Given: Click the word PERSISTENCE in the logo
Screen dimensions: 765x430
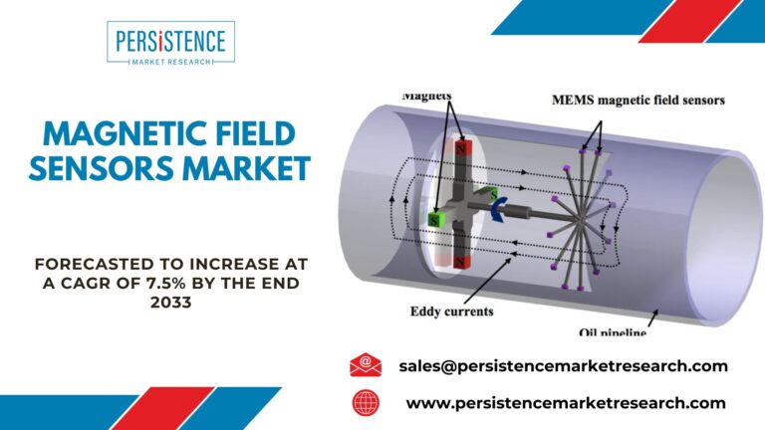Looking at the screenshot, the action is point(170,41).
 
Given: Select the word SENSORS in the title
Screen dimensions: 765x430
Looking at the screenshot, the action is point(102,168).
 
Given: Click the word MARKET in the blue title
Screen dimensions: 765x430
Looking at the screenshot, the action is point(246,168).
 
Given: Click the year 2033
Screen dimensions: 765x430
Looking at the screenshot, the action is point(170,303).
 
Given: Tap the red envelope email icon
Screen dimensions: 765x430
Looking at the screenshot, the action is point(366,365).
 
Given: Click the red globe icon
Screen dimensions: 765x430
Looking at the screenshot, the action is point(366,403).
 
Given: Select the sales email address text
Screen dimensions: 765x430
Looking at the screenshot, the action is point(563,366).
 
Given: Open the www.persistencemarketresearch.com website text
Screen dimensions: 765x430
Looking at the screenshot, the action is point(566,403).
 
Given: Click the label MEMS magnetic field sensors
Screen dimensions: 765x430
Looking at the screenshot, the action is point(638,101).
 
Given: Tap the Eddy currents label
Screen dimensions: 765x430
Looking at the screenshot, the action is point(452,311).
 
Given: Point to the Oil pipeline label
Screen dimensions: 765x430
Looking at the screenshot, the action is point(613,332).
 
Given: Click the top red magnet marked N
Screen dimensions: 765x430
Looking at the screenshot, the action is point(461,147).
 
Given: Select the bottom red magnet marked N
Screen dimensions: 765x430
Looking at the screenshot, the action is point(460,263).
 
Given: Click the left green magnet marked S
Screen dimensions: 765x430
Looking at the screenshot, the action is point(434,220).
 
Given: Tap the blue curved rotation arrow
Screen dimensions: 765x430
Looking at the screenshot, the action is point(499,210).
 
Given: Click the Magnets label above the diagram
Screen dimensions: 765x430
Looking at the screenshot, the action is point(426,96).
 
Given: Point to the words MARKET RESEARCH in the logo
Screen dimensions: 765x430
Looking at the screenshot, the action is point(171,62).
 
